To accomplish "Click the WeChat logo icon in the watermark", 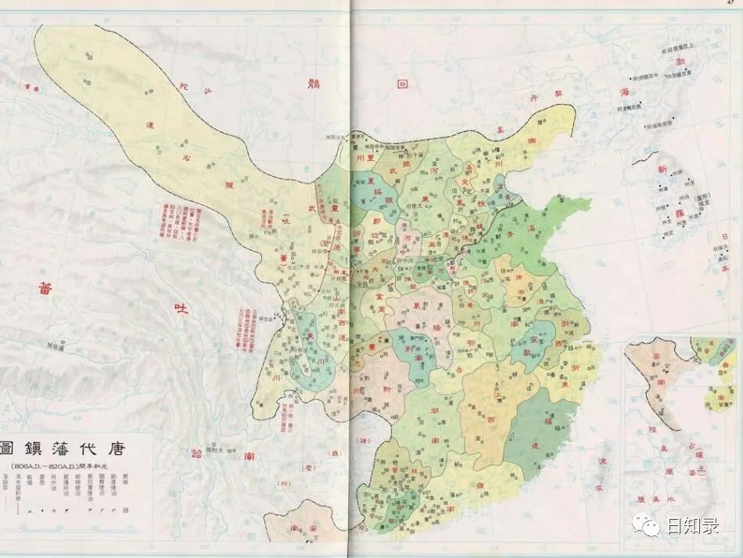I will pyautogui.click(x=646, y=524).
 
